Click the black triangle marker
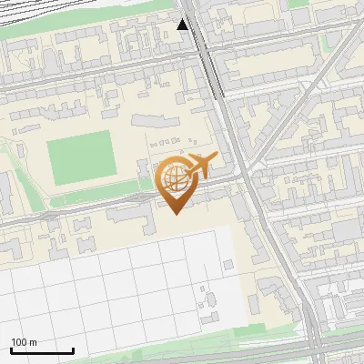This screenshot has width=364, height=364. click(183, 24)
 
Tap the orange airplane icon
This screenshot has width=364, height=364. click(200, 167)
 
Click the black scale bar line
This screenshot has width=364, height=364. click(42, 351)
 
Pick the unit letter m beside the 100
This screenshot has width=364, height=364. click(34, 342)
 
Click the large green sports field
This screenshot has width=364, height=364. click(80, 157)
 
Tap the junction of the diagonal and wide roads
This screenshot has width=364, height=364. click(248, 170)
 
